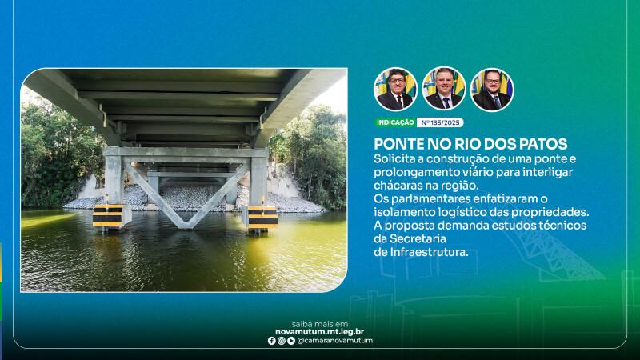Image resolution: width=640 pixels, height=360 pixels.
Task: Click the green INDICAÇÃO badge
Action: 395,122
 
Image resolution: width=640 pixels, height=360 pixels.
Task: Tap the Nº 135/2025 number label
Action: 440,122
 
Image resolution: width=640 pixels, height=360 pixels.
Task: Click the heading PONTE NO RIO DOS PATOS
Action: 470,144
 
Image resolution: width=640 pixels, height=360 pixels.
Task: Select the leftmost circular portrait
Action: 395,90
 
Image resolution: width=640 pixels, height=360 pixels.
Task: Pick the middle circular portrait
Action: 444,90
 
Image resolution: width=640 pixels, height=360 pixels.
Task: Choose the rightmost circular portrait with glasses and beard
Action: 492,90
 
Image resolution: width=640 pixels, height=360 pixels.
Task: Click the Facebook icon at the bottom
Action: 271,341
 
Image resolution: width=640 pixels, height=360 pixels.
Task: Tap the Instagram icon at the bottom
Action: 282,341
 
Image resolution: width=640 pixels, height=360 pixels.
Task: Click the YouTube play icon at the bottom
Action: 291,341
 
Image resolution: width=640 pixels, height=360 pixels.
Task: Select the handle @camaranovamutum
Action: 335,341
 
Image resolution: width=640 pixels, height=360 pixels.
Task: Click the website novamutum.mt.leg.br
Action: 319,332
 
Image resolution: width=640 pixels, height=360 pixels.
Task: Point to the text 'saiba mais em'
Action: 320,325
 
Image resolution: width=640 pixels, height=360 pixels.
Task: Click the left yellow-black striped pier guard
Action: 108,216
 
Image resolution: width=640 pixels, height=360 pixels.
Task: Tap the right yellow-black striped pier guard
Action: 262,218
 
